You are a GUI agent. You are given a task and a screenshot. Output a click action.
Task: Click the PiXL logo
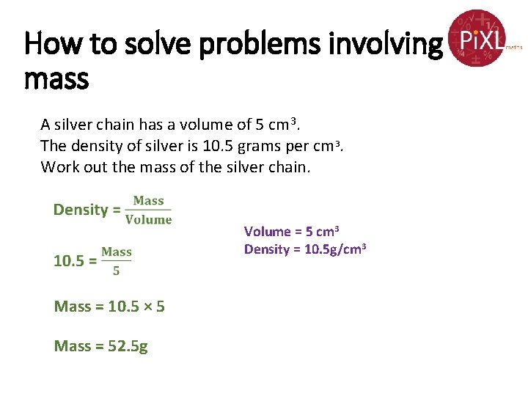(x=478, y=38)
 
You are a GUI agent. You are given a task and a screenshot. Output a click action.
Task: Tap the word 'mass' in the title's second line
(x=56, y=78)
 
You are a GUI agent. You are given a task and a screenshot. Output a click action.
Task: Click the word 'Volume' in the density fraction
(x=149, y=219)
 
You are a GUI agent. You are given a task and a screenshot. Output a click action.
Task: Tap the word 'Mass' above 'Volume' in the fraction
(x=149, y=201)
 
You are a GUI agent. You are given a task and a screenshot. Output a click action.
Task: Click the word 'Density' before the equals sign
(x=81, y=210)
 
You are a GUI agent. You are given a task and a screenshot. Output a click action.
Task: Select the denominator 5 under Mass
(x=117, y=271)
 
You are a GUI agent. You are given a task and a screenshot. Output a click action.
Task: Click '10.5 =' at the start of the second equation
(x=75, y=261)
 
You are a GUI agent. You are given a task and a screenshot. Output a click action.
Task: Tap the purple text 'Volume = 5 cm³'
(x=291, y=232)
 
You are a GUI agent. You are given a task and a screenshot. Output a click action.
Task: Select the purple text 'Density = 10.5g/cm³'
(x=304, y=249)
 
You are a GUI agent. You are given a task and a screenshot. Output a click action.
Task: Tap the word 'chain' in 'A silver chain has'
(x=118, y=124)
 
